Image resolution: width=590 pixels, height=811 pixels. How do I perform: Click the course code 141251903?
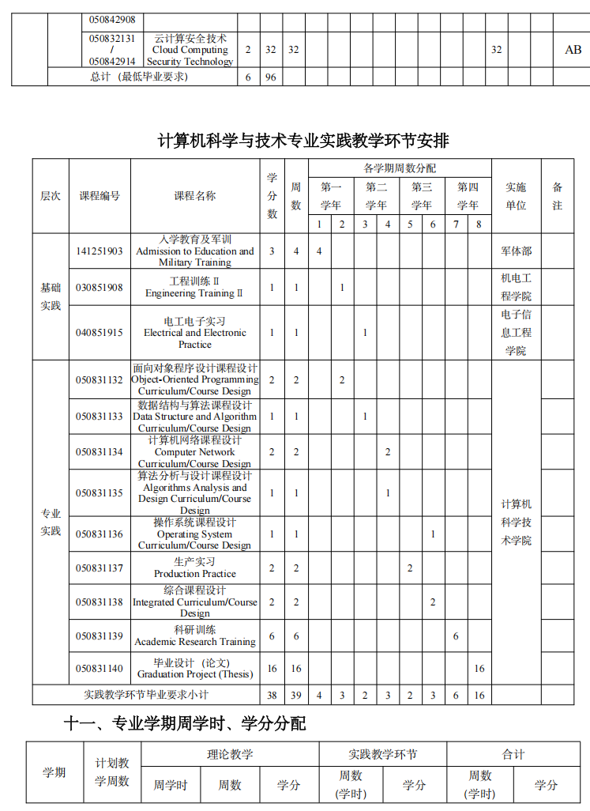[x=100, y=251]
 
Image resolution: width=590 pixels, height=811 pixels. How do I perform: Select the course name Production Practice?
[x=195, y=568]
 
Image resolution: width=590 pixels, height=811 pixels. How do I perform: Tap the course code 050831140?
[x=100, y=669]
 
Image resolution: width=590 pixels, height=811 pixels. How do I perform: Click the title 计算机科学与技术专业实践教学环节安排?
[x=303, y=141]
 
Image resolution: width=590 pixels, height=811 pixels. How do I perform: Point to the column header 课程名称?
[x=195, y=196]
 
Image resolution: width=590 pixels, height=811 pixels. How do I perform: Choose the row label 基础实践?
[x=51, y=296]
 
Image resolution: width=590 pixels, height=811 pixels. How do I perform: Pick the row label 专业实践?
[x=51, y=522]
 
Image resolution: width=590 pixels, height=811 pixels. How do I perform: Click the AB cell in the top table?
[x=573, y=50]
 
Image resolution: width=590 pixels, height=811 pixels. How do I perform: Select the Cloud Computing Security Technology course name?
[x=190, y=50]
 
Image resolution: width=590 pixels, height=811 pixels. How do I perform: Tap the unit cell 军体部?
[x=516, y=251]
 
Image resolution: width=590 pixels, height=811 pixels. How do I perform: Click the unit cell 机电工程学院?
[x=516, y=288]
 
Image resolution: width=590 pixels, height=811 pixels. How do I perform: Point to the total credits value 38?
[x=272, y=696]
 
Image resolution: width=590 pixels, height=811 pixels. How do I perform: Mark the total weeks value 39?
[x=296, y=696]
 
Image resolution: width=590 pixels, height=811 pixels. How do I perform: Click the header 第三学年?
[x=422, y=196]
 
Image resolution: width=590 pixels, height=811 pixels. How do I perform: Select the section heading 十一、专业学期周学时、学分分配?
[x=185, y=723]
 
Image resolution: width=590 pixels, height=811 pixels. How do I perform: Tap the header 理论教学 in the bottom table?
[x=230, y=755]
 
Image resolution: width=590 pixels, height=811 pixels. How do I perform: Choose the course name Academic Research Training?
[x=195, y=636]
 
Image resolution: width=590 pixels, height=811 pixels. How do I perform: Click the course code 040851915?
[x=100, y=333]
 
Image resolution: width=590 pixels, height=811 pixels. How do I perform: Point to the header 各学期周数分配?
[x=399, y=168]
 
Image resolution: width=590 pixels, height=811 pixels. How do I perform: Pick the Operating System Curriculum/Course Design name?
[x=195, y=534]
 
